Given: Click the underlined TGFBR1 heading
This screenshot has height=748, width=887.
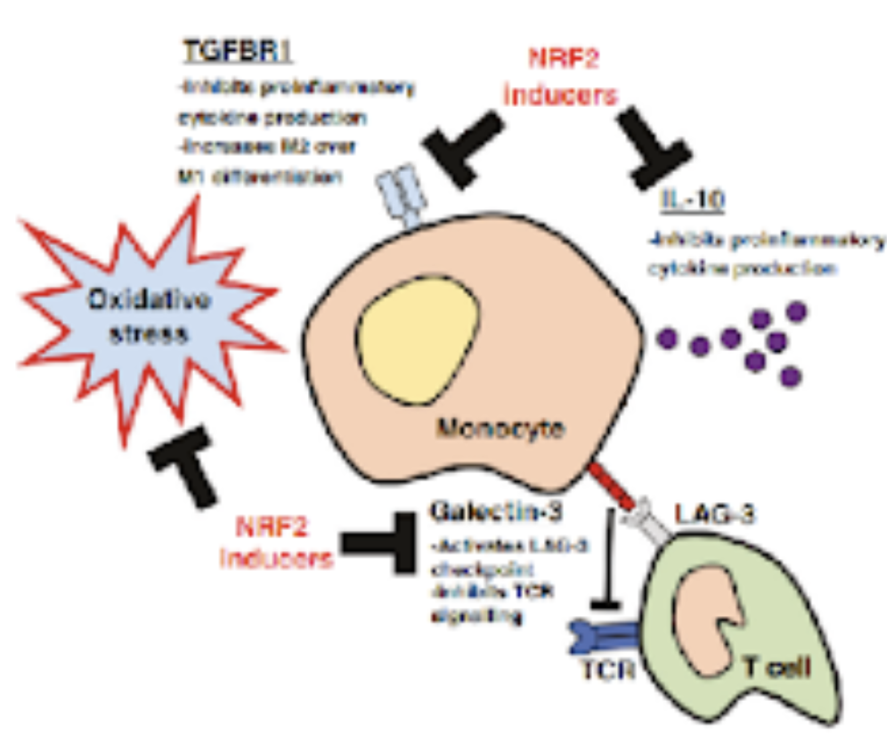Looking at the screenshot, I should coord(239,52).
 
